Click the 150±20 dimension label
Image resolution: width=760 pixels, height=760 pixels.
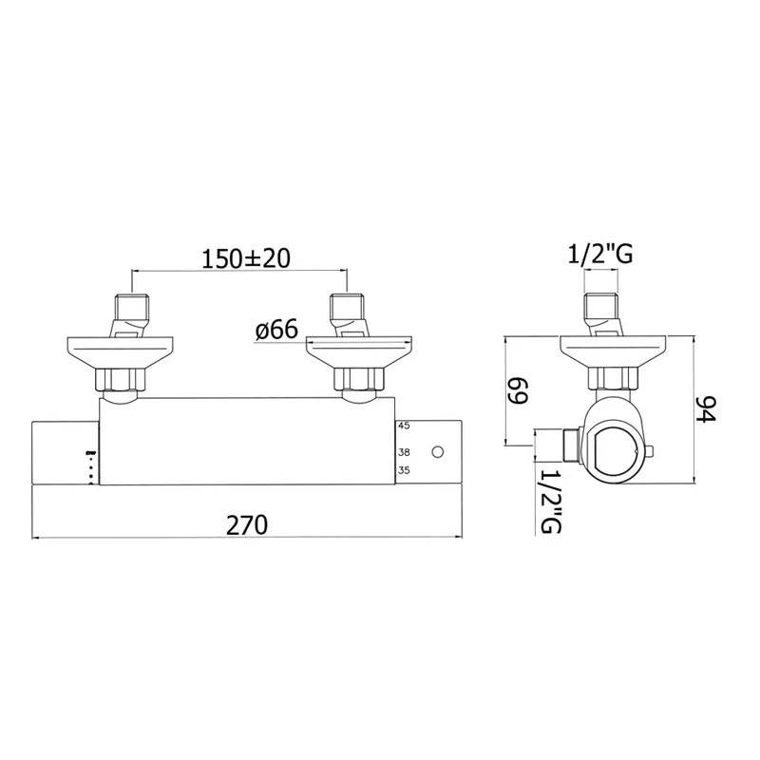246,258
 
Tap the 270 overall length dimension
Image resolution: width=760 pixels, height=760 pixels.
247,525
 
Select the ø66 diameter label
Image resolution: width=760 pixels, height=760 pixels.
276,330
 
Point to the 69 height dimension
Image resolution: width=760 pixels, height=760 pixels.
517,391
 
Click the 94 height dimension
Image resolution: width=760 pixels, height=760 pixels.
705,408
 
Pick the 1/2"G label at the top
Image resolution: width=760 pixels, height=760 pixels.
600,254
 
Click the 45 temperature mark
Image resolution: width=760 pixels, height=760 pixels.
403,426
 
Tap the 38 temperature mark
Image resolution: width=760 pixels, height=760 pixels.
404,452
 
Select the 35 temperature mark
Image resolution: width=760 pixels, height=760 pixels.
404,470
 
